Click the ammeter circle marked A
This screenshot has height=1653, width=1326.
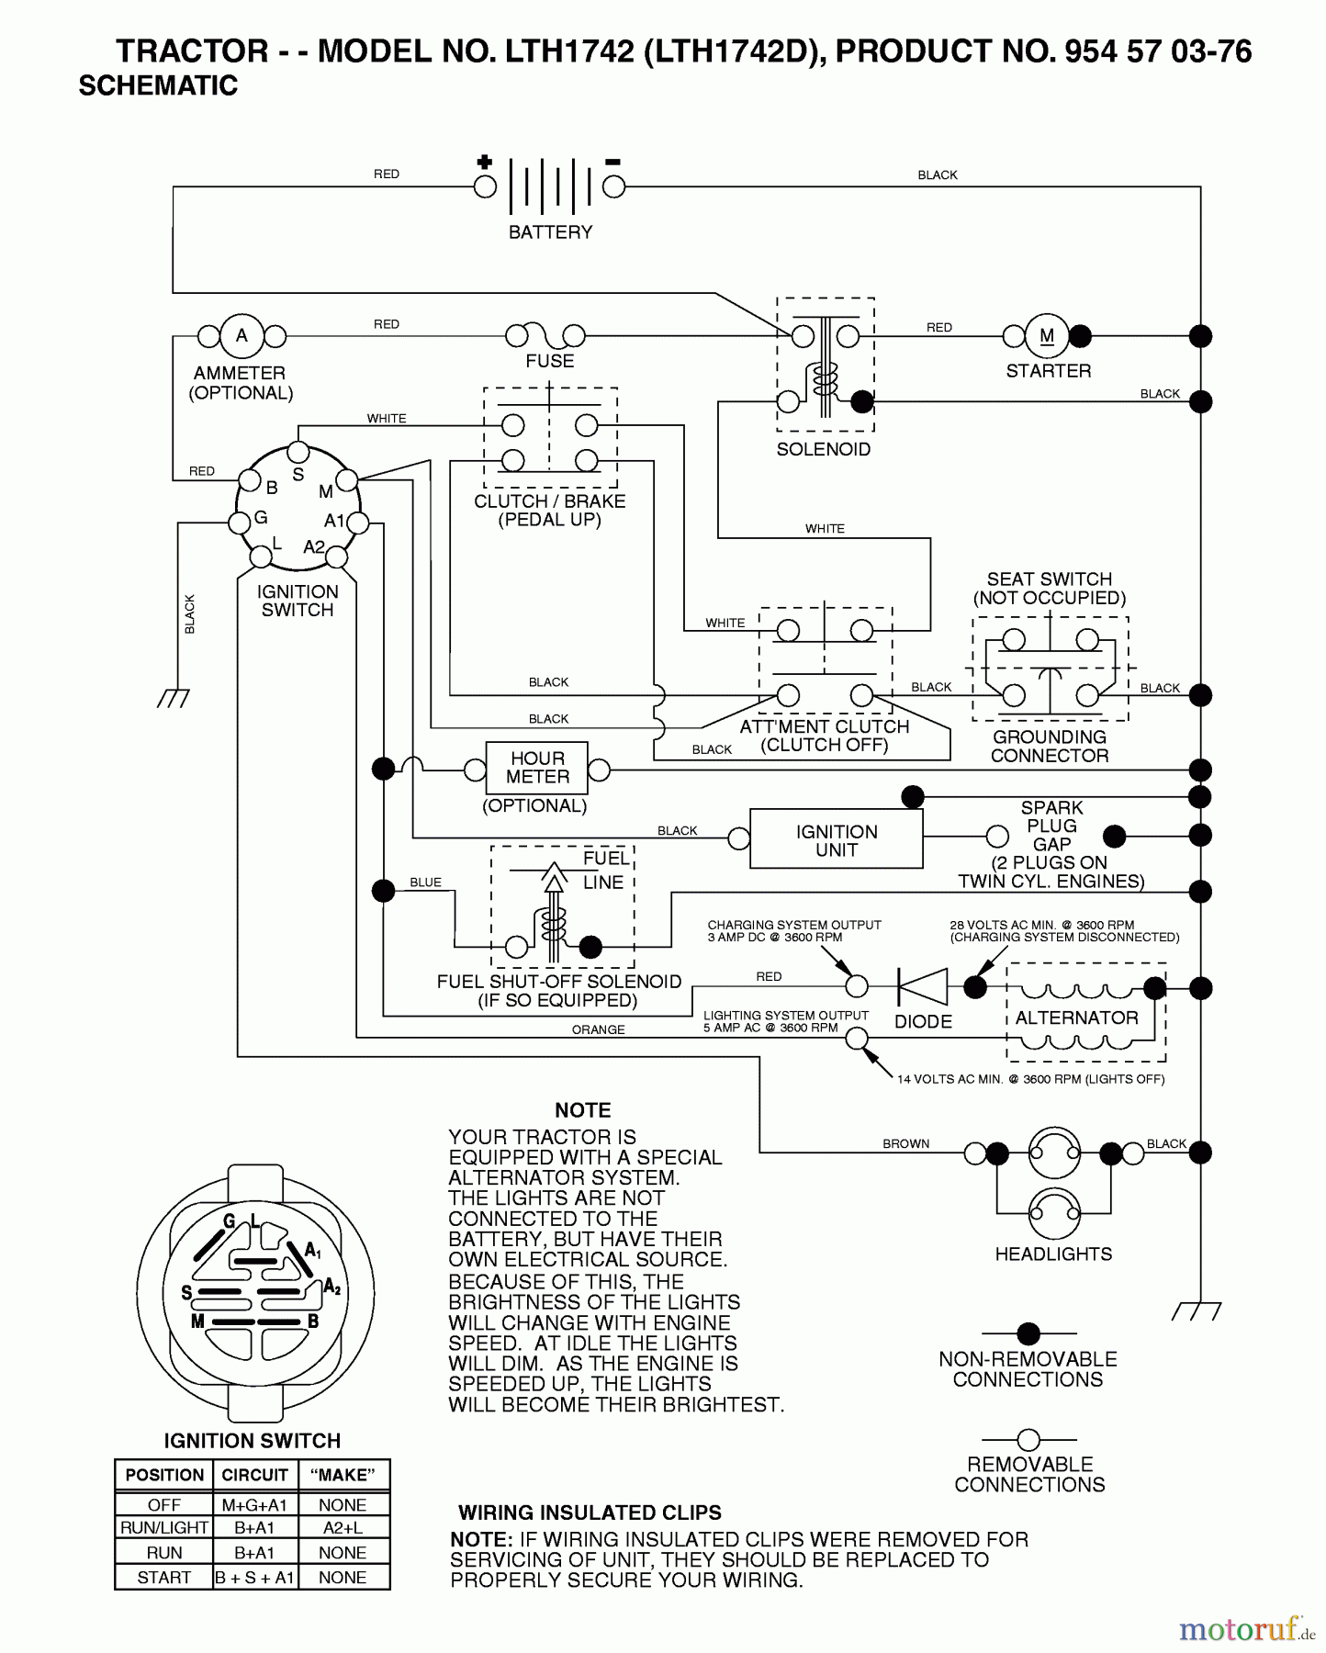[x=242, y=336]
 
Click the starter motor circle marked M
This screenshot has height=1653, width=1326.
[x=1047, y=336]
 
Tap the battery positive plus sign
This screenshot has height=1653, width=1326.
[x=485, y=163]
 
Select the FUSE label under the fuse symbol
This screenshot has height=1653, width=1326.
[x=549, y=362]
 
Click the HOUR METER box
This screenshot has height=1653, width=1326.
[x=537, y=768]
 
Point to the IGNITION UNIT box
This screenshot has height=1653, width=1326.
[x=836, y=839]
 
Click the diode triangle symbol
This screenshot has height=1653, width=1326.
[x=923, y=987]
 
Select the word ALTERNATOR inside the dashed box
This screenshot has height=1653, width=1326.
[x=1076, y=1018]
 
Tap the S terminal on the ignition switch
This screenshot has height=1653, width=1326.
[x=298, y=452]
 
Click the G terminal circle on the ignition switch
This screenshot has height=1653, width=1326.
[x=240, y=523]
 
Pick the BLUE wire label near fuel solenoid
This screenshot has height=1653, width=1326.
[x=425, y=883]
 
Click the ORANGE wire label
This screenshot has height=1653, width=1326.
[x=598, y=1030]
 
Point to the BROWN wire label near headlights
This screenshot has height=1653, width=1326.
[x=905, y=1144]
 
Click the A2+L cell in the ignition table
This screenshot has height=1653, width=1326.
[x=343, y=1527]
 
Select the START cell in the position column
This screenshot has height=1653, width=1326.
[x=163, y=1578]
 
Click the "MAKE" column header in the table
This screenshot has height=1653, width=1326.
[x=343, y=1476]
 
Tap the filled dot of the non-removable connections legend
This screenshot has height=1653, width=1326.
[x=1028, y=1333]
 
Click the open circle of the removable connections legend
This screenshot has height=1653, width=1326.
[x=1028, y=1439]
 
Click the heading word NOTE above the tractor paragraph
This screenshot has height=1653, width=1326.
[x=582, y=1110]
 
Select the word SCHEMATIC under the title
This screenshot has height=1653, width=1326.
[x=158, y=85]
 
